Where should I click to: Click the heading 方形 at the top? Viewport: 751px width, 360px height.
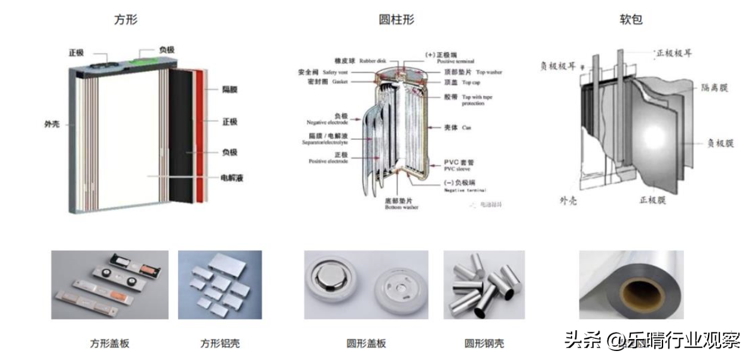click(x=126, y=19)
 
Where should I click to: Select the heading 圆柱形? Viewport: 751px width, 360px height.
click(x=396, y=19)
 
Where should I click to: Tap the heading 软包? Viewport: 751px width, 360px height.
click(x=631, y=19)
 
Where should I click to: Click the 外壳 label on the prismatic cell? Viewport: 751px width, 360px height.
click(x=52, y=125)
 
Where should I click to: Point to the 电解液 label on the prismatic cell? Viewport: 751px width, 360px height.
click(x=232, y=178)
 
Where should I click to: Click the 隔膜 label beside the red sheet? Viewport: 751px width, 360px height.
click(x=230, y=89)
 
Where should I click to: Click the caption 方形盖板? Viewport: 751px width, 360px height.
click(x=109, y=343)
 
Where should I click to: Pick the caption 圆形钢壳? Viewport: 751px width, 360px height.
click(x=484, y=343)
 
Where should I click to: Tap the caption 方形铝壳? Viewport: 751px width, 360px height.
click(x=219, y=343)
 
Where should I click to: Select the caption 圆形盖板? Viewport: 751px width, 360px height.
click(x=366, y=343)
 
